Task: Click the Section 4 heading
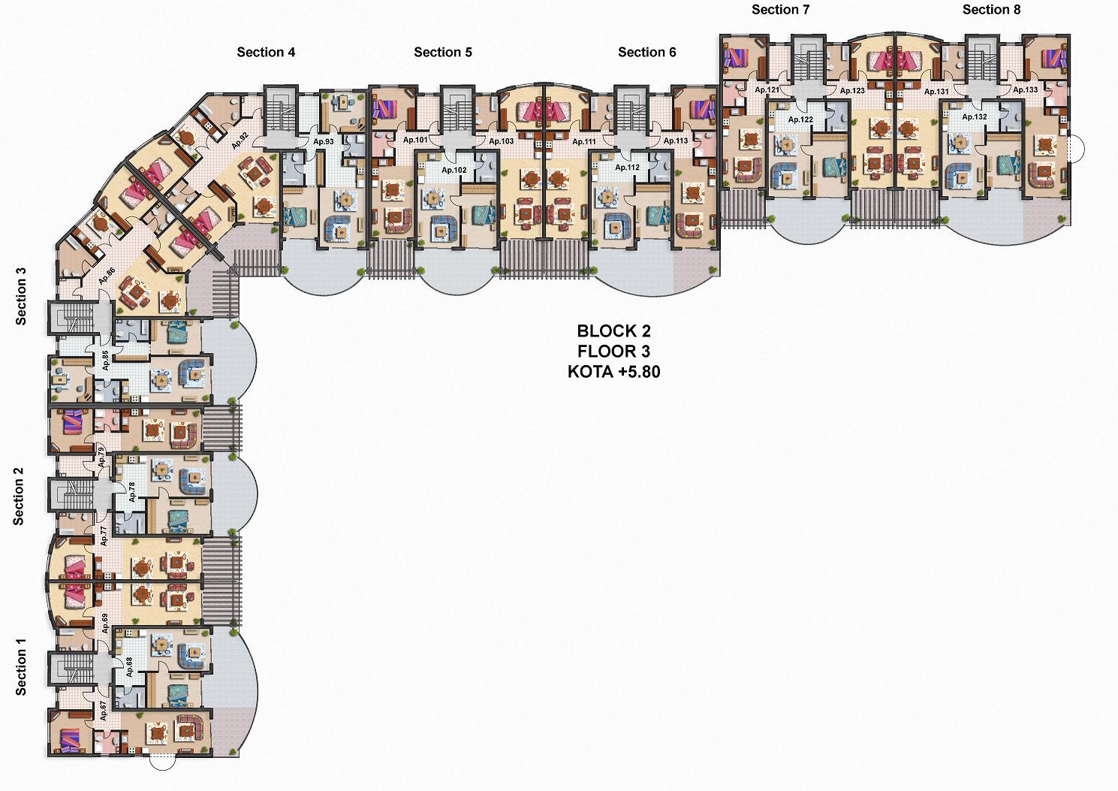[x=266, y=52]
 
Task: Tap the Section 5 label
[x=443, y=52]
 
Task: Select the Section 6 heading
[x=646, y=52]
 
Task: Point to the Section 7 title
[x=781, y=10]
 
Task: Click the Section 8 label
[x=991, y=10]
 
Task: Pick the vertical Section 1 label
[x=20, y=666]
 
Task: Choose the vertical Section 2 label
[x=19, y=497]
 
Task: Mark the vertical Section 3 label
[x=20, y=297]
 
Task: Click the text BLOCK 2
[x=614, y=331]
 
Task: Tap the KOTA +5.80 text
[x=614, y=372]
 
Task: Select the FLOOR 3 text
[x=614, y=351]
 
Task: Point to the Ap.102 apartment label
[x=454, y=170]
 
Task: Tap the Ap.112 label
[x=627, y=168]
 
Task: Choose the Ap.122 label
[x=800, y=119]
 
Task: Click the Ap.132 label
[x=975, y=117]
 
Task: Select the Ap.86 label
[x=107, y=276]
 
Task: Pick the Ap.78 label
[x=131, y=492]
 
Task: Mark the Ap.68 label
[x=129, y=667]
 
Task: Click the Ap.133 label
[x=1025, y=90]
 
